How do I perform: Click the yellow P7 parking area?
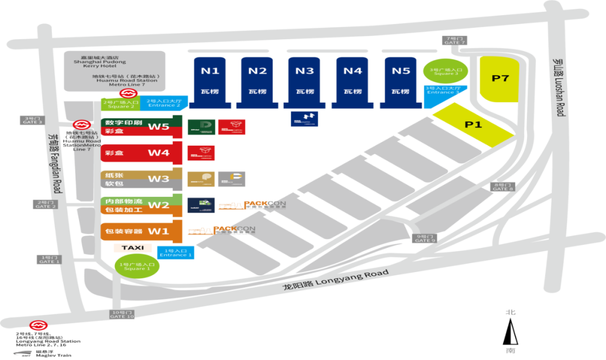[x=499, y=79]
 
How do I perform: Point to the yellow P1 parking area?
[x=474, y=124]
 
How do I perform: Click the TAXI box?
[x=132, y=247]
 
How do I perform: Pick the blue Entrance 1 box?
[x=176, y=253]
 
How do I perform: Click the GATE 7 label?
[x=454, y=40]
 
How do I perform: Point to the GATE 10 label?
[x=122, y=314]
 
